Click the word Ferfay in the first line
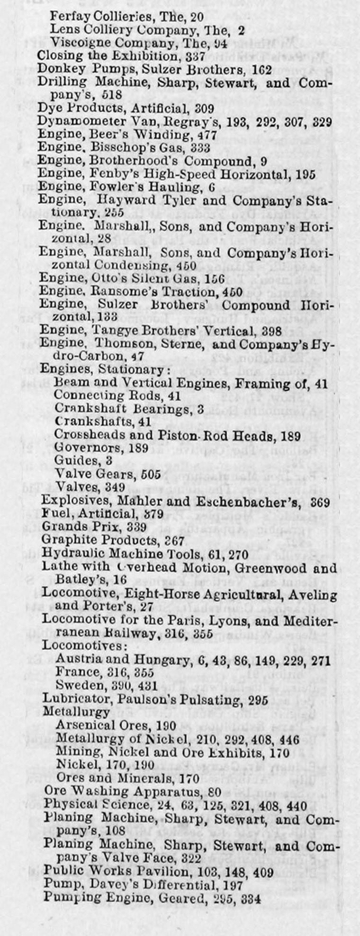coord(67,18)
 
